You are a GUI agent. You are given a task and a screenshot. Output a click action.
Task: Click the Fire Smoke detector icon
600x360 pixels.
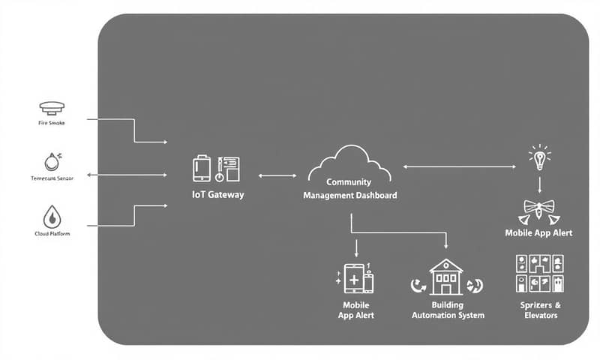[51, 107]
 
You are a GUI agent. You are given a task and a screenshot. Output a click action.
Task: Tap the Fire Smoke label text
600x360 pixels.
[51, 123]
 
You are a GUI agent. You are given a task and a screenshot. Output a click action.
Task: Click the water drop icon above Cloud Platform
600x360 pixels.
[51, 217]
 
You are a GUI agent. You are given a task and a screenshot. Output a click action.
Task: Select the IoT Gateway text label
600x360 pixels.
[218, 194]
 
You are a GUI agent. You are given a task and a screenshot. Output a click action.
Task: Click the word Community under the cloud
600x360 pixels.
[349, 182]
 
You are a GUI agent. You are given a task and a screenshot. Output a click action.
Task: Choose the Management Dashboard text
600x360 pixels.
[349, 195]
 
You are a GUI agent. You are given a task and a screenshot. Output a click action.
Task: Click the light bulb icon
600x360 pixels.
[538, 157]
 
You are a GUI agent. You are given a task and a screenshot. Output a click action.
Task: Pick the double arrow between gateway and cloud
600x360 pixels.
[277, 175]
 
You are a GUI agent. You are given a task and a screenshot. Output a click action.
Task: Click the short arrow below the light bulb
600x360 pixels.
[539, 184]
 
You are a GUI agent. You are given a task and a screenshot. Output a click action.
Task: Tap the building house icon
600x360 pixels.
[446, 277]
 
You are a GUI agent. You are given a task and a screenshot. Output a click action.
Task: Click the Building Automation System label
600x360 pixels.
[448, 310]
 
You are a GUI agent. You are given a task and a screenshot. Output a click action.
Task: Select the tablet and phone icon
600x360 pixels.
[355, 278]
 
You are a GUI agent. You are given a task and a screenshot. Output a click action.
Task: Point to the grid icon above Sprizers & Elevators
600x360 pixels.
[540, 274]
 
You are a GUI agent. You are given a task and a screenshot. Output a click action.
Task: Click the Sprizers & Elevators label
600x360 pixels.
[539, 310]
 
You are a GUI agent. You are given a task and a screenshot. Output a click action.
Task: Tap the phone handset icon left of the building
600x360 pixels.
[418, 285]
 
